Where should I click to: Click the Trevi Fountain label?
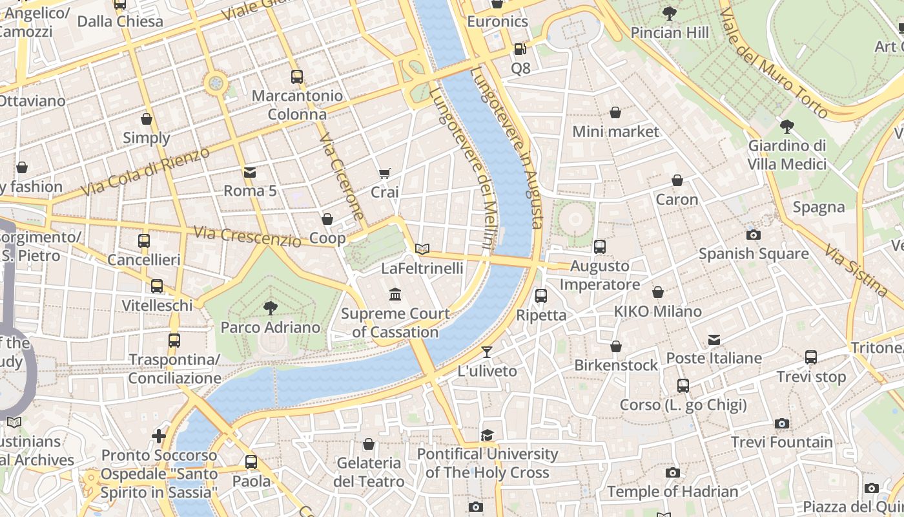coord(781,443)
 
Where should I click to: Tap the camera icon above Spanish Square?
coord(753,235)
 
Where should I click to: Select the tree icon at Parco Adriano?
coord(270,308)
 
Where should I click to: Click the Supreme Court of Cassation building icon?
coord(395,295)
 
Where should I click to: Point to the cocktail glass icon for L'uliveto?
coord(487,352)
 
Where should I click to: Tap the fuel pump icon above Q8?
coord(520,48)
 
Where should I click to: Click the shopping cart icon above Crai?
coord(385,173)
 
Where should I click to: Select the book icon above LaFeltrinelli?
coord(422,249)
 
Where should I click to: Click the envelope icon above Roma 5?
coord(250,172)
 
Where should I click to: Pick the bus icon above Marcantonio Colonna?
coord(297,77)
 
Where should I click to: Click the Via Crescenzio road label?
coord(247,236)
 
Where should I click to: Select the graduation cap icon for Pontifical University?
coord(487,435)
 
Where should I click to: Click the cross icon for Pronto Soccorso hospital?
coord(159,436)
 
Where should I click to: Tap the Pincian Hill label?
coord(670,33)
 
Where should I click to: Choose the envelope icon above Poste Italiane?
coord(714,339)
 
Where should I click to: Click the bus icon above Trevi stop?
coord(811,357)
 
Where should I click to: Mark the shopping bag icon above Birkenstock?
coord(616,346)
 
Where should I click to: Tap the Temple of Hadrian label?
coord(672,492)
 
